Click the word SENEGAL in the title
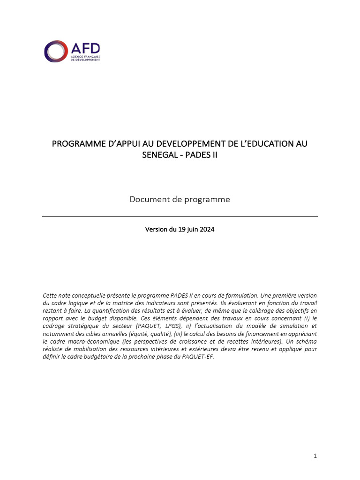click(160, 155)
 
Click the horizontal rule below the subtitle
click(180, 217)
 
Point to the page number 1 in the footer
click(315, 456)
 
